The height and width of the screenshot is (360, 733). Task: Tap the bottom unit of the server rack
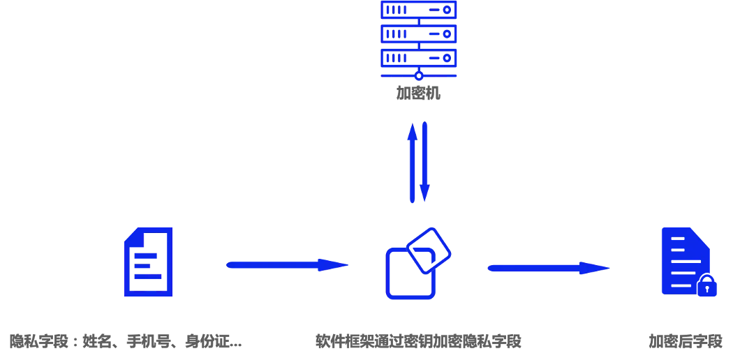pyautogui.click(x=418, y=57)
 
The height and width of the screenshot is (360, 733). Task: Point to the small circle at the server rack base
pyautogui.click(x=419, y=75)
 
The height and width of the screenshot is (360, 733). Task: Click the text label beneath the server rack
pyautogui.click(x=419, y=93)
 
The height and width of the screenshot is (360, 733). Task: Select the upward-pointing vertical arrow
pyautogui.click(x=413, y=162)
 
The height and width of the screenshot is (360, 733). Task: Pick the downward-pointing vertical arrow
pyautogui.click(x=423, y=162)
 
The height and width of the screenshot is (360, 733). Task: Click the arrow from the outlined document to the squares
pyautogui.click(x=287, y=265)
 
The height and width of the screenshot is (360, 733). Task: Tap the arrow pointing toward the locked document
pyautogui.click(x=548, y=268)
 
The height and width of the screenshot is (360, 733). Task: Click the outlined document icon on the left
pyautogui.click(x=147, y=262)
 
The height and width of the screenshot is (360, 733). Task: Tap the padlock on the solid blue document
pyautogui.click(x=708, y=286)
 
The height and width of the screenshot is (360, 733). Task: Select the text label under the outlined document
pyautogui.click(x=126, y=342)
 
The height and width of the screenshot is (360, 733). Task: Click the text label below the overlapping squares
pyautogui.click(x=419, y=341)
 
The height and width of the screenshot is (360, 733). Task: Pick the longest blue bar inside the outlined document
pyautogui.click(x=149, y=277)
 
